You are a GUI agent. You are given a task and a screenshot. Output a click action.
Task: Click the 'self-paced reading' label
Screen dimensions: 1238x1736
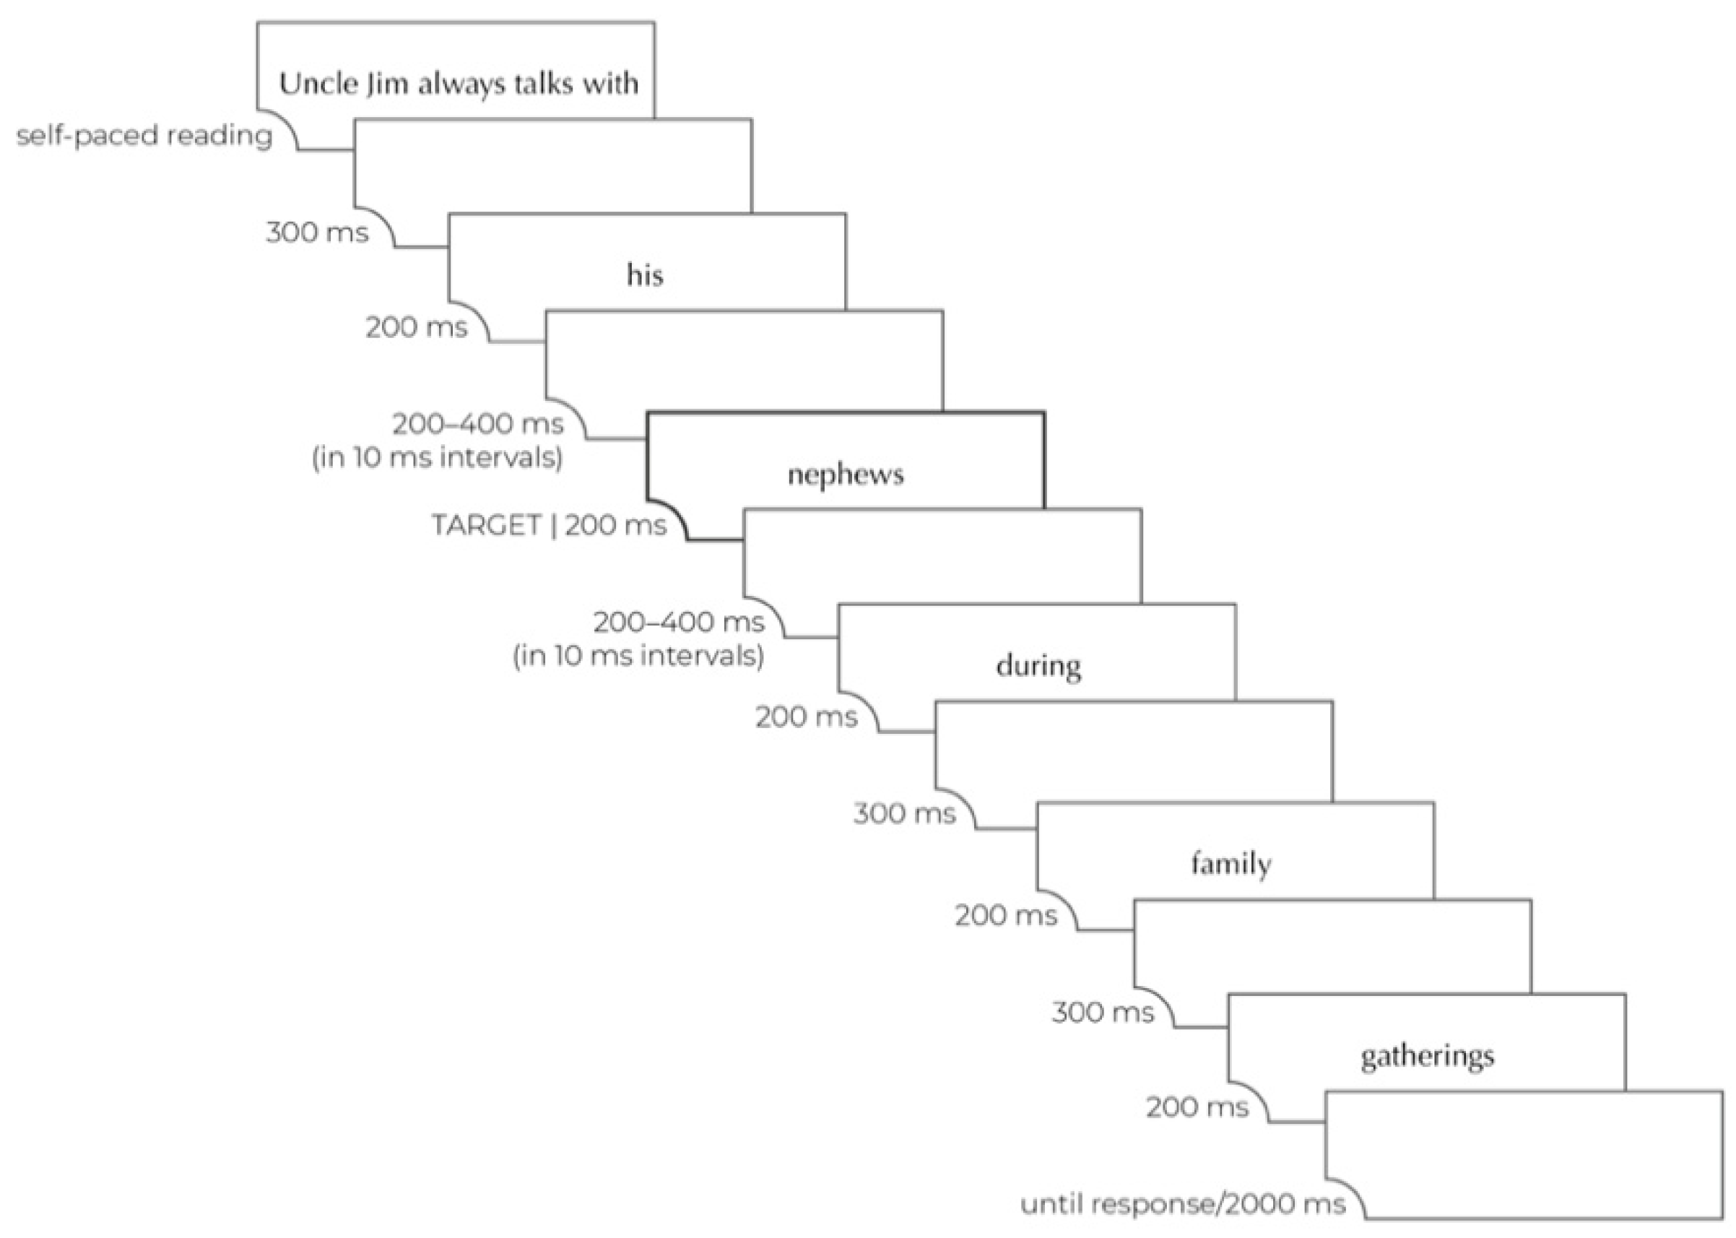coord(144,136)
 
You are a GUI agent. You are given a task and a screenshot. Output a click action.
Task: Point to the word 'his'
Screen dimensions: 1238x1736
coord(645,274)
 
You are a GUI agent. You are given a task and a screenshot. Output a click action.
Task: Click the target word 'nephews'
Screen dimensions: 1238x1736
coord(845,474)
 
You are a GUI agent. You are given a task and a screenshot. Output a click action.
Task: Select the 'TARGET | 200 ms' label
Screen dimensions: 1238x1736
coord(549,524)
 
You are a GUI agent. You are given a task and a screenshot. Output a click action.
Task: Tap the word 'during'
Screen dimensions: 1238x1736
coord(1038,666)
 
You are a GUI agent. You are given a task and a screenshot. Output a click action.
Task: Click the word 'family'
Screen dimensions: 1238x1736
coord(1231,864)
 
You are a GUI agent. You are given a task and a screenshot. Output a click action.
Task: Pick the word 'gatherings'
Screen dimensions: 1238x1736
coord(1427,1057)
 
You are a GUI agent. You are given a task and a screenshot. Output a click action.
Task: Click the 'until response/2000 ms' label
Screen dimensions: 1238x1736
coord(1182,1204)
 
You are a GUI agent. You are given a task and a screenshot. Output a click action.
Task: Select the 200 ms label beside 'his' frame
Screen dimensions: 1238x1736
coord(416,327)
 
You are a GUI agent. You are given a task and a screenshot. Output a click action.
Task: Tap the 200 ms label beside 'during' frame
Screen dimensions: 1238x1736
coord(807,717)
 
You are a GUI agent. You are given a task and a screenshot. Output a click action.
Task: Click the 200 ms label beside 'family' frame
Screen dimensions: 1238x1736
coord(1006,915)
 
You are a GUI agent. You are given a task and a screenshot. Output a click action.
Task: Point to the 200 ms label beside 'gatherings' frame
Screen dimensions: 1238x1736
coord(1197,1107)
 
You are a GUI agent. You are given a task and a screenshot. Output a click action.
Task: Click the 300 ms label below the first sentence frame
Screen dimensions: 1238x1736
coord(317,232)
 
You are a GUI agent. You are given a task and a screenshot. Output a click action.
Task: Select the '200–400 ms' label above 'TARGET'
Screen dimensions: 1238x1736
coord(478,423)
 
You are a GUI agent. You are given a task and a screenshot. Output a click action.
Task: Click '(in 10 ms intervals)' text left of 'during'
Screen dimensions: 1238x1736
coord(638,656)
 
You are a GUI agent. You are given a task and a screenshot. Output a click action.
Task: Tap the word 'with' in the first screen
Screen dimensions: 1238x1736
coord(610,83)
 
